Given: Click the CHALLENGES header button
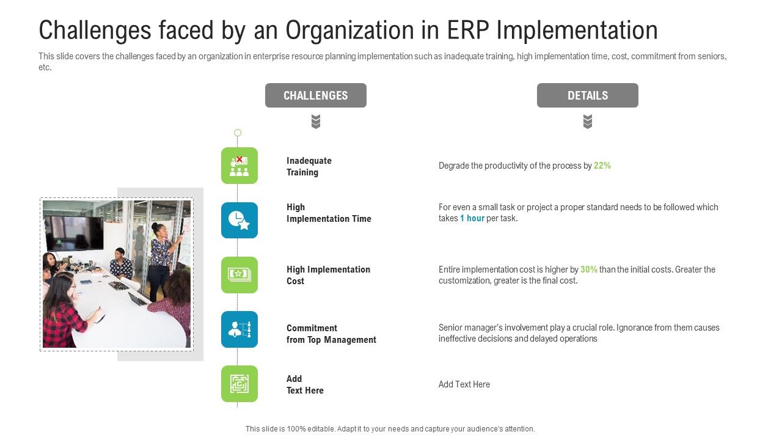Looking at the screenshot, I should [315, 95].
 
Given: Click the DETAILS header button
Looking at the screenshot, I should [587, 95].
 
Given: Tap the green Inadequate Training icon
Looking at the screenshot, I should [239, 166].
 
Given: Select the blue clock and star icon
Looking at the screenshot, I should [239, 220].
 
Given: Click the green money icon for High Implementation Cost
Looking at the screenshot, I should [239, 275].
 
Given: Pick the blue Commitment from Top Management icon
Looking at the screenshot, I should [239, 329].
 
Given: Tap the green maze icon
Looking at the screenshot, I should [239, 384].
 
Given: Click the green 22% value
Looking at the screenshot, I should [602, 166].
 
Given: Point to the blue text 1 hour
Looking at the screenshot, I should [472, 219].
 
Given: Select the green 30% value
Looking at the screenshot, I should [588, 269].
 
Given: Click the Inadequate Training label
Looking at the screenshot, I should [309, 166].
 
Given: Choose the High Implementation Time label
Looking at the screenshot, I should [329, 213].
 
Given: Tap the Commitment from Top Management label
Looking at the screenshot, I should [331, 334].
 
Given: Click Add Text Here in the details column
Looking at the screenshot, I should [464, 384].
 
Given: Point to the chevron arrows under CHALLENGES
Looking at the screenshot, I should [316, 122].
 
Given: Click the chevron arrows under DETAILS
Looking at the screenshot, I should [587, 122].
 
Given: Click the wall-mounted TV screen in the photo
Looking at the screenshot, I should [74, 232].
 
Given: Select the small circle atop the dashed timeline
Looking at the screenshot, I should [238, 133].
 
